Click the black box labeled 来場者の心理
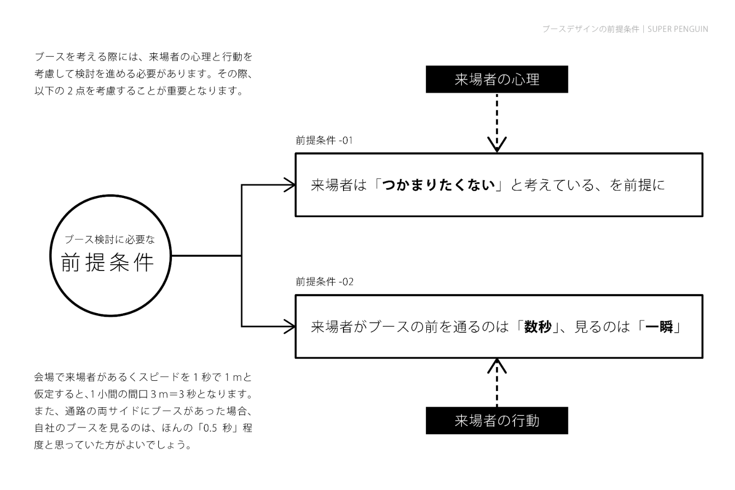(x=496, y=79)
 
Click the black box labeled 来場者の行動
(x=496, y=420)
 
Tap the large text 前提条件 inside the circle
(x=108, y=263)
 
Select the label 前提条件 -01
(x=324, y=141)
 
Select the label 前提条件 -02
(x=324, y=282)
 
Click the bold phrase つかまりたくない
(x=439, y=185)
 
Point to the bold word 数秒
(x=538, y=327)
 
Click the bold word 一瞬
(x=659, y=327)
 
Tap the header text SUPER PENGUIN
(x=678, y=29)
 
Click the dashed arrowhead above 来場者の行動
(x=497, y=366)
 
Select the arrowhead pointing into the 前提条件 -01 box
(x=290, y=185)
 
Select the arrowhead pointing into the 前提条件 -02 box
(x=290, y=326)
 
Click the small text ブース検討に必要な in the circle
(x=109, y=239)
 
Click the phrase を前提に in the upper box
(x=637, y=185)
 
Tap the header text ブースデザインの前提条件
(x=590, y=29)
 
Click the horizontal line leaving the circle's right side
(x=206, y=255)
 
